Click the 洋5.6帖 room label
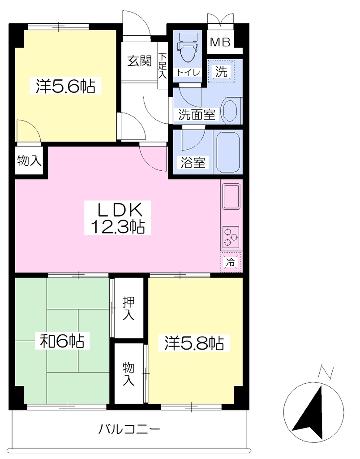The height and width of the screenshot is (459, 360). click(65, 86)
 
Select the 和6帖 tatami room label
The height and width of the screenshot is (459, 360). click(62, 341)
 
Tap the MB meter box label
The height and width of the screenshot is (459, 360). click(220, 43)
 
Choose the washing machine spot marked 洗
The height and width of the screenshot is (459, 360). click(221, 71)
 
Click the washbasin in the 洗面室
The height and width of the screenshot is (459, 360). click(231, 111)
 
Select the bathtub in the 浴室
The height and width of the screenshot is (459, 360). click(228, 152)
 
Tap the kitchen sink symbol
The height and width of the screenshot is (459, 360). click(231, 196)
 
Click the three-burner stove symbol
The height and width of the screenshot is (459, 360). click(231, 237)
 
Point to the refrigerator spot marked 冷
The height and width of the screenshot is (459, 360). click(231, 262)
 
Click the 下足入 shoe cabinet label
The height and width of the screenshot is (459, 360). click(163, 65)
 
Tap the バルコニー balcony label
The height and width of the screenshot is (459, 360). click(129, 429)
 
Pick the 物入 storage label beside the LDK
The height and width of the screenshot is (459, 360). click(29, 160)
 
